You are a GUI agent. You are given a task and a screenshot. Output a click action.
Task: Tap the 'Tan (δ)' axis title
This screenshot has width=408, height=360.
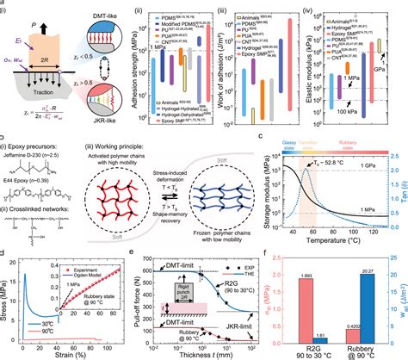[403, 185]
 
